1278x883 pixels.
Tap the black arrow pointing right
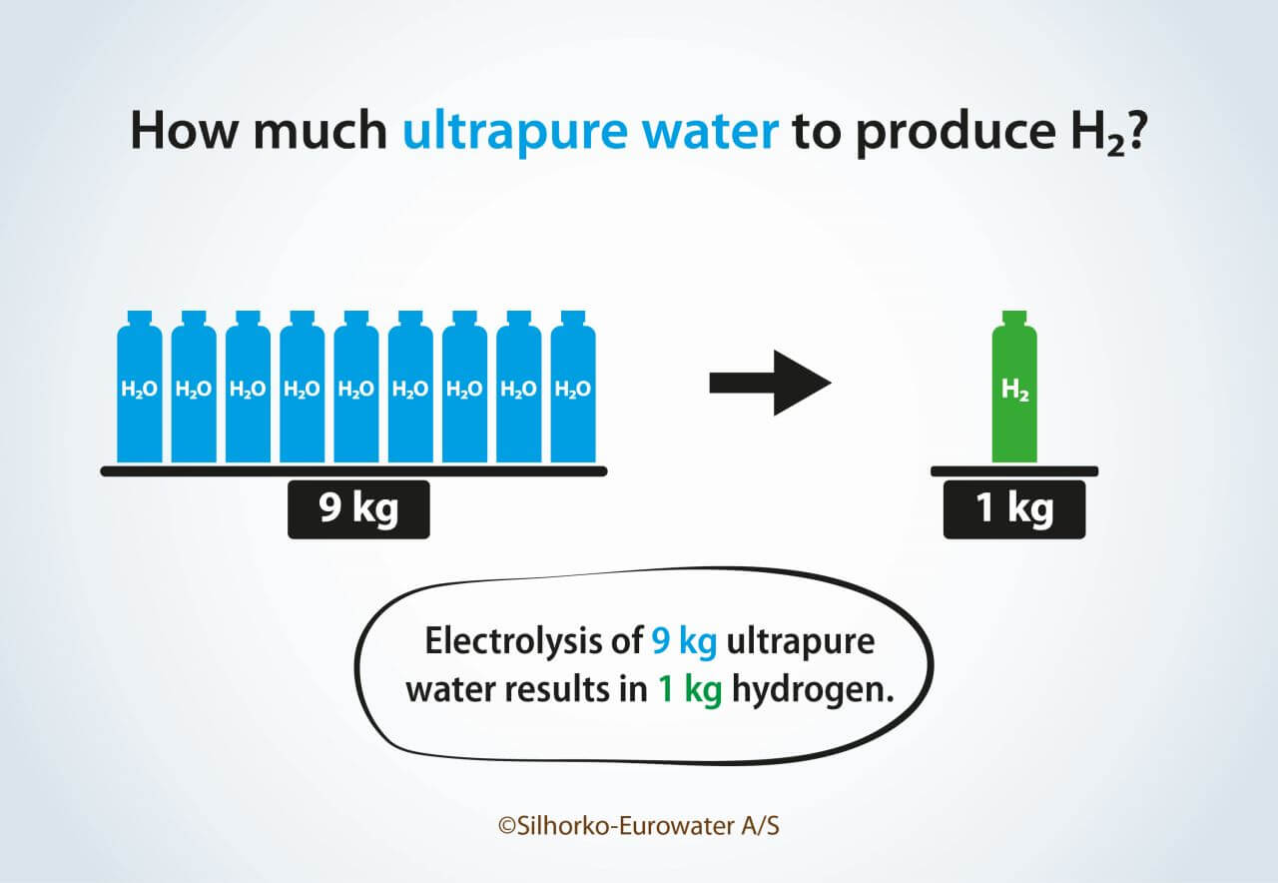[770, 383]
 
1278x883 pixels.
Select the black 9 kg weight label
[358, 509]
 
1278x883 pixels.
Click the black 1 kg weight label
[1014, 509]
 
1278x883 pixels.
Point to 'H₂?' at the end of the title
[1107, 133]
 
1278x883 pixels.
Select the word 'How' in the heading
[184, 131]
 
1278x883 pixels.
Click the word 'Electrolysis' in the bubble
[533, 640]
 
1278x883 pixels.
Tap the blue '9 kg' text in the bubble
[684, 642]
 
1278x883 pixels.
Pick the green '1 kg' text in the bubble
[690, 690]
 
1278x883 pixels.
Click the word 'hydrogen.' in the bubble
[813, 690]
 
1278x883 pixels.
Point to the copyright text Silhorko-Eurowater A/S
[639, 826]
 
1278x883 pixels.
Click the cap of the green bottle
[1014, 318]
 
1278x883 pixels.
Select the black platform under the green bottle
[1014, 471]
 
